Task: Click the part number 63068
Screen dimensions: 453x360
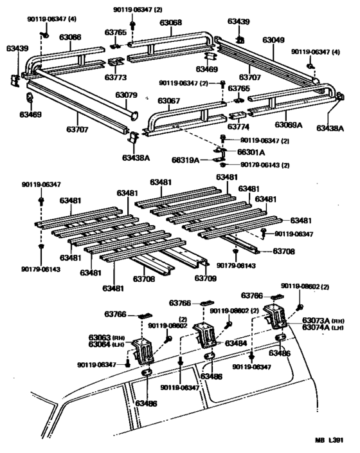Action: point(170,23)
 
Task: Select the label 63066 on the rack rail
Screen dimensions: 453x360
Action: point(71,37)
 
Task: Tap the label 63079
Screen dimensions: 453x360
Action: point(127,95)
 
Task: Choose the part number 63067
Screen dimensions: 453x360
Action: point(168,100)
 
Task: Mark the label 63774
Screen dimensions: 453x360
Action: point(238,127)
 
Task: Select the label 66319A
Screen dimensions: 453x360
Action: point(186,160)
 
